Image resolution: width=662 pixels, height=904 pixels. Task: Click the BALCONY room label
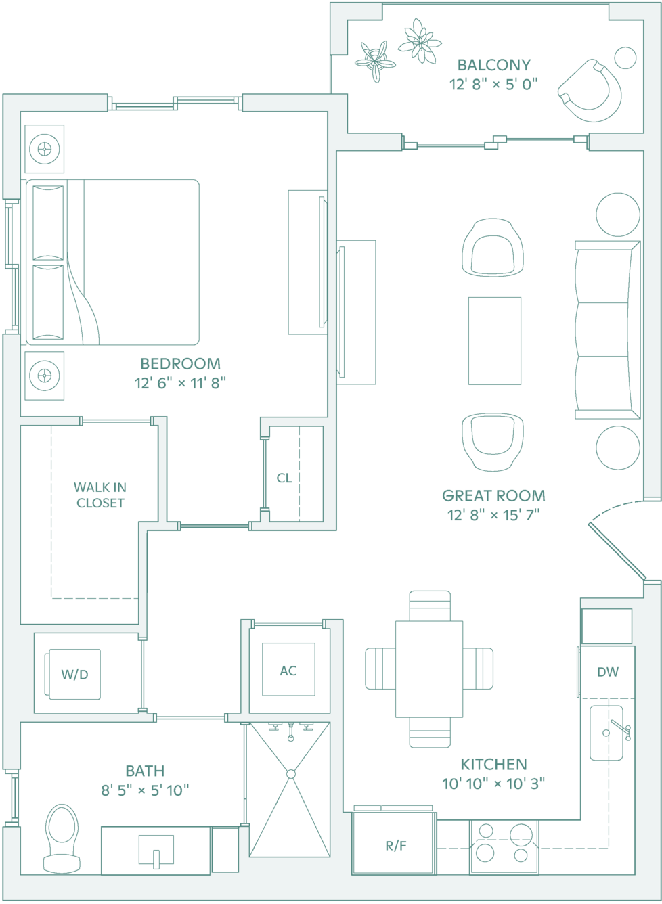[493, 65]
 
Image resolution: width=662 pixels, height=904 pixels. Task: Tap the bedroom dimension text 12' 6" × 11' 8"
[180, 383]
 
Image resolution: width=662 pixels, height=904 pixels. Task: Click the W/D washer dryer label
[74, 674]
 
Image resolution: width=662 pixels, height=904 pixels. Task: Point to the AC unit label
[288, 671]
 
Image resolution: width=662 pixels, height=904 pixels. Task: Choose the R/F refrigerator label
[395, 846]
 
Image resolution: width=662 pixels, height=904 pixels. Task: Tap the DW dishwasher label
[607, 671]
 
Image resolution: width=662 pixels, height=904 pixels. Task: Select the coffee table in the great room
[495, 341]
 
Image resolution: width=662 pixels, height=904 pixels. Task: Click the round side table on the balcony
[625, 58]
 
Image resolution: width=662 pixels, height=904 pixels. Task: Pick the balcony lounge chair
[590, 91]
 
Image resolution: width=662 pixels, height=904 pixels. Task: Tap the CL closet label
[284, 478]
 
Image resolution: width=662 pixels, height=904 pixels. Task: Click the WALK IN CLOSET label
[100, 495]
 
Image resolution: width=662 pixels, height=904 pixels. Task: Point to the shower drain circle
[290, 774]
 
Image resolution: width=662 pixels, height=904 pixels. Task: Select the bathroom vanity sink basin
[156, 850]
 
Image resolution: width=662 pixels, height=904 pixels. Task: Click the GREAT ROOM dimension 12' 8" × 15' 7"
[493, 515]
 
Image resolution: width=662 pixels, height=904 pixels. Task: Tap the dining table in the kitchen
[429, 669]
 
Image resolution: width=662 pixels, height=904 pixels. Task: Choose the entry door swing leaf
[617, 551]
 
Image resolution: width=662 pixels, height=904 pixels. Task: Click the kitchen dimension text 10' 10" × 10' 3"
[493, 784]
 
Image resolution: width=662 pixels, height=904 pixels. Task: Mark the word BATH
[145, 771]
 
